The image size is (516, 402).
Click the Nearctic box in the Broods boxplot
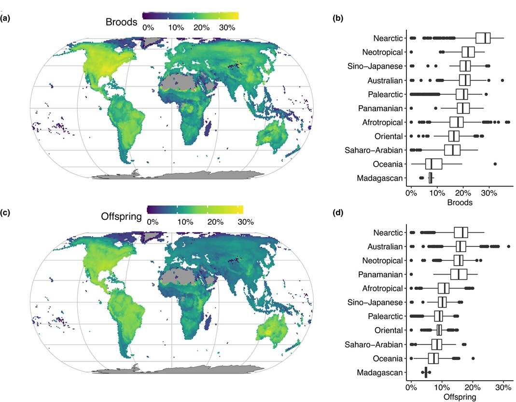tap(483, 38)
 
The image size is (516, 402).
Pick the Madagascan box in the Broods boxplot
tap(430, 178)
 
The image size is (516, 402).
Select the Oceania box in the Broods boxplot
tap(433, 164)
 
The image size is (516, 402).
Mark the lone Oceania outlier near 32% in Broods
tap(495, 164)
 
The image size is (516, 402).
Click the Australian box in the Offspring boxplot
tap(460, 246)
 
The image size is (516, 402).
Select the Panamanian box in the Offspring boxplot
tap(459, 274)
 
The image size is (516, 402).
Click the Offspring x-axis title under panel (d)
tap(459, 397)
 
